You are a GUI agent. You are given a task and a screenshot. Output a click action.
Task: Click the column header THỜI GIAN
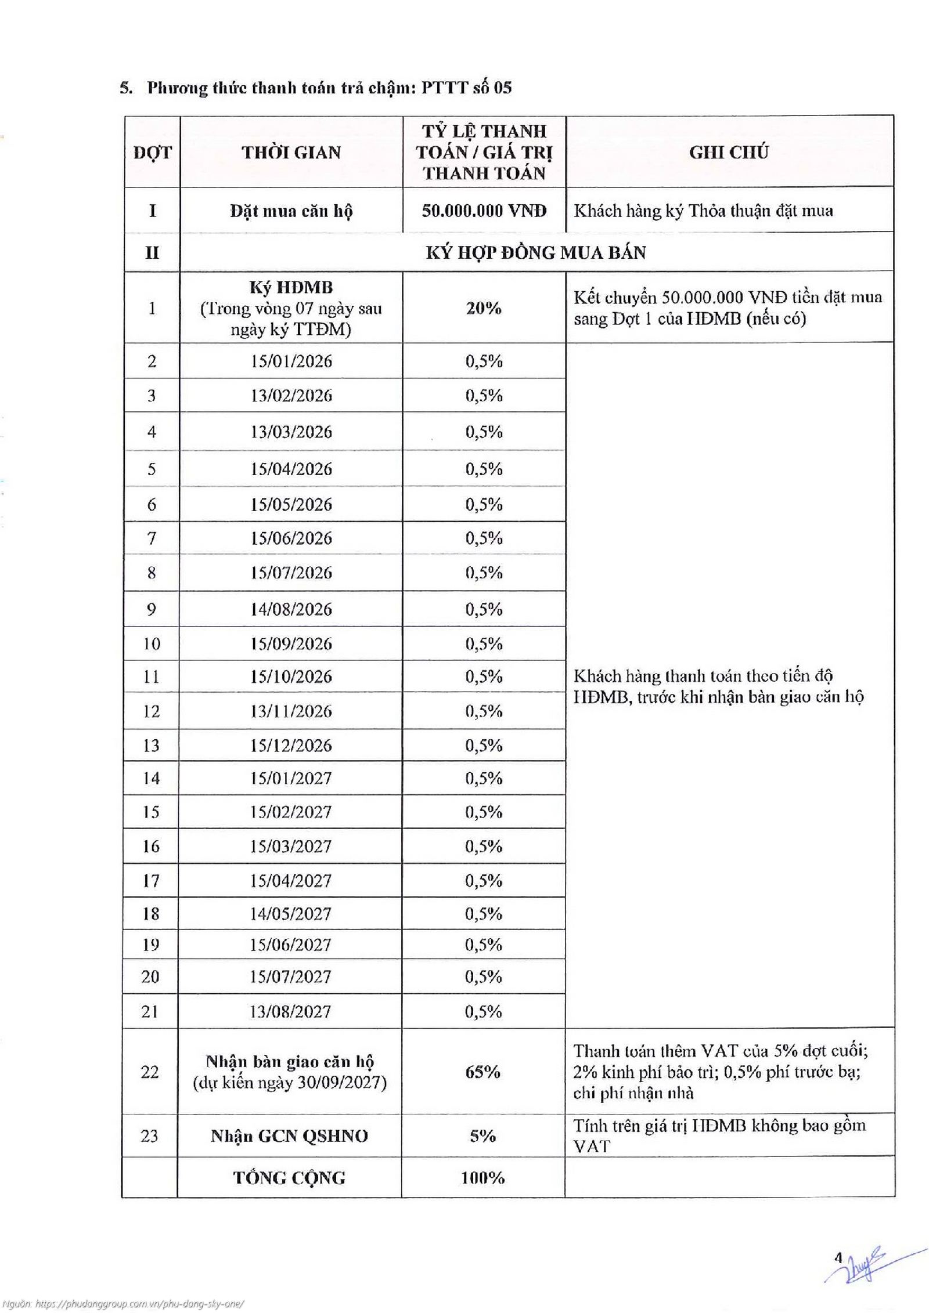291,152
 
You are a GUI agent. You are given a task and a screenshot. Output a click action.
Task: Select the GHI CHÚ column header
729,152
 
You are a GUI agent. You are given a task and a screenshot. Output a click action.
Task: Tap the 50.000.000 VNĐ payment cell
484,210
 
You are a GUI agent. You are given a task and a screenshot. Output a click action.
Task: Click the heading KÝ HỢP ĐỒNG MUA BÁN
535,252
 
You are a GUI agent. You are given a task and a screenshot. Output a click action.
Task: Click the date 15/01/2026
291,361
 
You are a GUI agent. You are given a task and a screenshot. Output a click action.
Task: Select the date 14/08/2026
291,609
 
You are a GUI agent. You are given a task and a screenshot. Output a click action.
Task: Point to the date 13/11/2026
291,711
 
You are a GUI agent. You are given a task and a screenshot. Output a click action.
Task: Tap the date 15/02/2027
291,812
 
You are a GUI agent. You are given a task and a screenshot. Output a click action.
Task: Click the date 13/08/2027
290,1012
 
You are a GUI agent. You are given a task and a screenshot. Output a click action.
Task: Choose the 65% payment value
482,1072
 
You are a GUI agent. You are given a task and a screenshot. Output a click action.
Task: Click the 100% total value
482,1178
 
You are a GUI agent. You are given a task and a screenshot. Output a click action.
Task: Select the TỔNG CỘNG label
289,1178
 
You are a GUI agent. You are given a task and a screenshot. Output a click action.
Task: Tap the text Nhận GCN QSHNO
289,1135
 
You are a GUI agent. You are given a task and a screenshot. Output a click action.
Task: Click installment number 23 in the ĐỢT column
149,1135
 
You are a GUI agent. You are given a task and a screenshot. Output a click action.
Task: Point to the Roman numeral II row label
152,252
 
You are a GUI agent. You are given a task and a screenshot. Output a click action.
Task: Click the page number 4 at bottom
837,1258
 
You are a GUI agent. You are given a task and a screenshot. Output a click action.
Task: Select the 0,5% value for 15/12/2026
483,745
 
